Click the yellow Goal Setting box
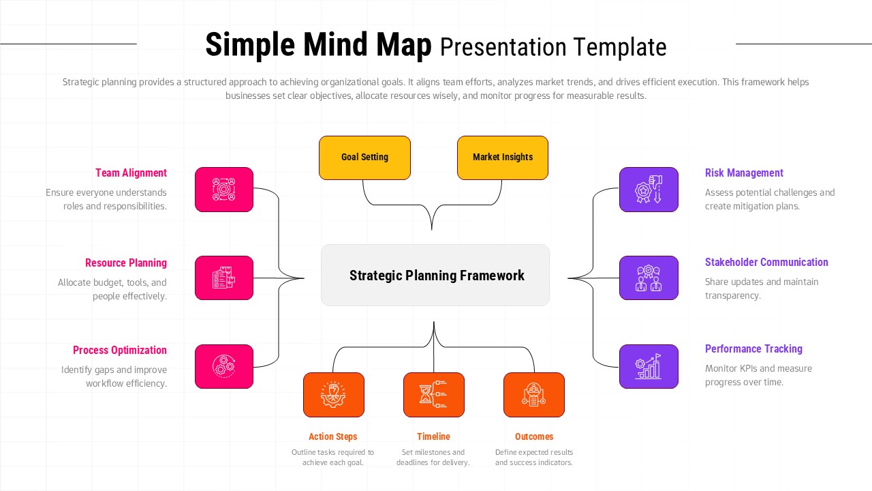[364, 158]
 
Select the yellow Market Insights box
[503, 158]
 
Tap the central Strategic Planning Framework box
[435, 276]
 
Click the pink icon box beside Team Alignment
[224, 190]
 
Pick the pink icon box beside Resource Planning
[224, 278]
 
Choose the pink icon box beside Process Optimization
[224, 367]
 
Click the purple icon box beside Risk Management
[649, 190]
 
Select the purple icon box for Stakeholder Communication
[649, 278]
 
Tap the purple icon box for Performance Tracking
[649, 367]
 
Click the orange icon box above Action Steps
[334, 395]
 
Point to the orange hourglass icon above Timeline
[434, 395]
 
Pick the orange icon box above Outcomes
[534, 395]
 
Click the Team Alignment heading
[131, 173]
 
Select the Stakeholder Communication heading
[766, 263]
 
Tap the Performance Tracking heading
[753, 349]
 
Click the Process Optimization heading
[120, 351]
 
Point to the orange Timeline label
[434, 436]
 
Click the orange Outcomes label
[534, 436]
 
